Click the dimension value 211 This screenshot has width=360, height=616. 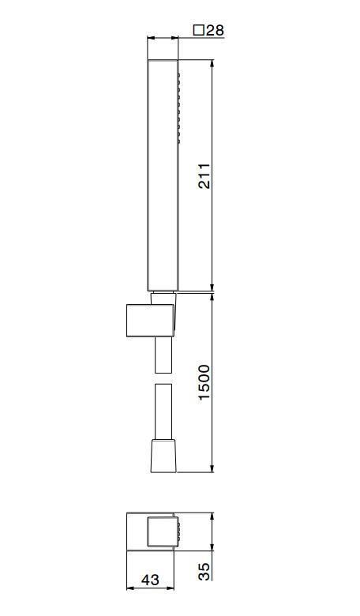(x=204, y=175)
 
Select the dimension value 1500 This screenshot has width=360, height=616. (x=204, y=382)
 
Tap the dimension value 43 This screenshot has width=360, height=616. (x=149, y=579)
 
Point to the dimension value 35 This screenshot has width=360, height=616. (x=204, y=572)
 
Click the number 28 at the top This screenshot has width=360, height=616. (x=215, y=30)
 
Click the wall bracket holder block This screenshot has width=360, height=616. (x=150, y=320)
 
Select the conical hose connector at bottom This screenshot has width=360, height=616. (x=164, y=456)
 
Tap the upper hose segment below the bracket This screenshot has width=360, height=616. (x=163, y=355)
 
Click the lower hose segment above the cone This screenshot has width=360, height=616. (x=163, y=411)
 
